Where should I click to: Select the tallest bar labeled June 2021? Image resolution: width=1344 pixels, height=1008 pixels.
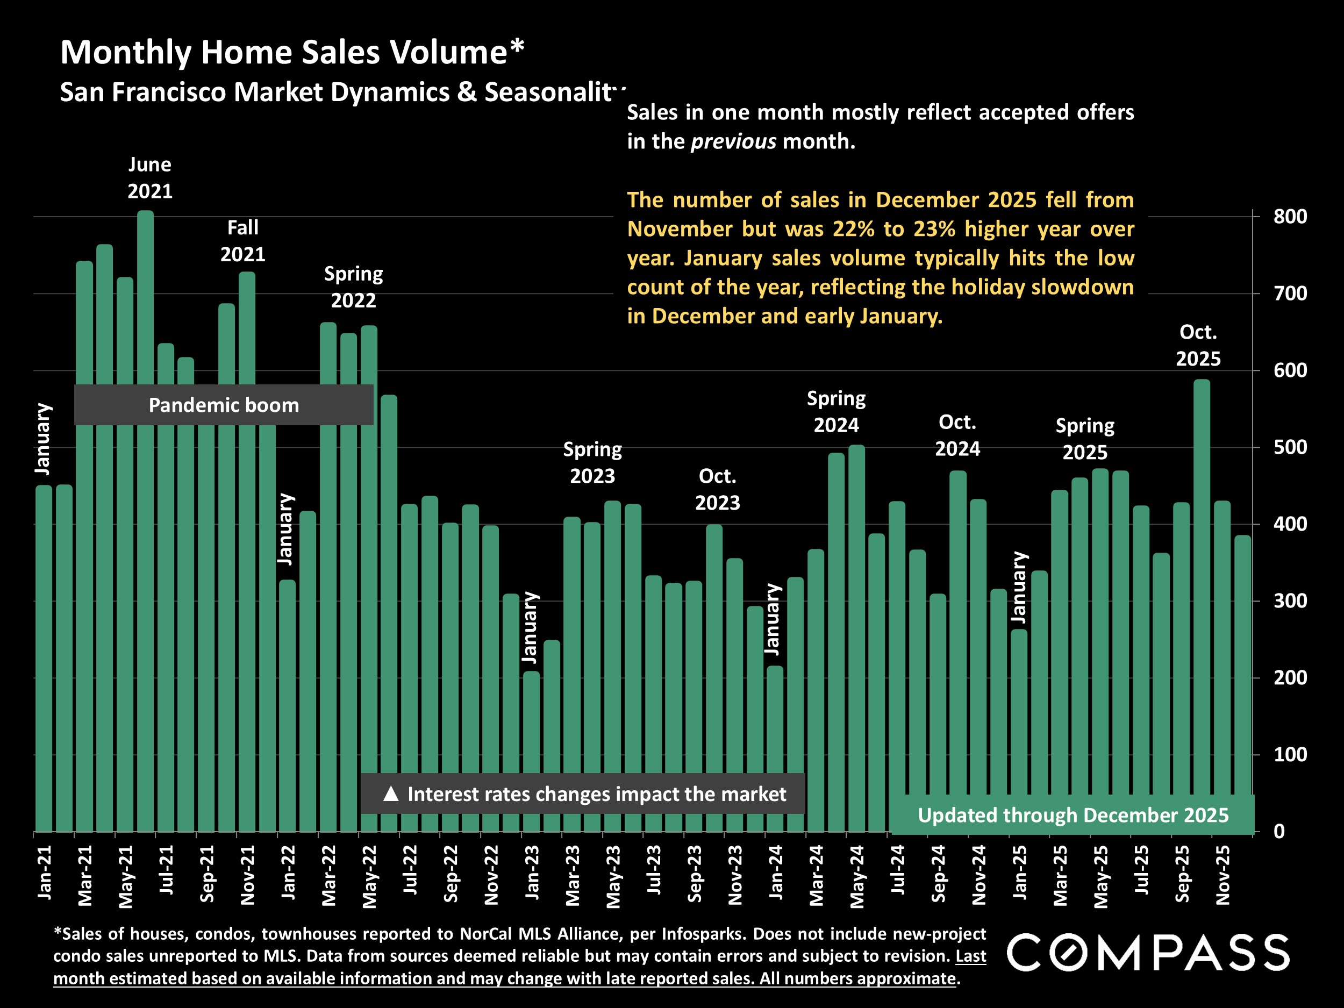pos(145,486)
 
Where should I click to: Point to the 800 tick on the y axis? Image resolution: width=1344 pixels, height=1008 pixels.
pos(1290,217)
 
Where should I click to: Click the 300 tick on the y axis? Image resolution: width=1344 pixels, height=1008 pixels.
pos(1290,601)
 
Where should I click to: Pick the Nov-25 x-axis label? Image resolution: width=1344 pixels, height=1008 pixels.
pos(1223,875)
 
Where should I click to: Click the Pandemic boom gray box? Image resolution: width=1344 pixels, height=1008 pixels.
pos(224,405)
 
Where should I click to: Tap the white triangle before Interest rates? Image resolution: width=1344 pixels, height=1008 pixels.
pos(391,793)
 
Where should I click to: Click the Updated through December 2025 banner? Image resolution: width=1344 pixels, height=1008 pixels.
pos(1073,815)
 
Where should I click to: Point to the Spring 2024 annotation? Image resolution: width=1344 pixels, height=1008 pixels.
pos(836,411)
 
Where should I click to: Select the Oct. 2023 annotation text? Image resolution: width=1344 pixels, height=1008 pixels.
pos(717,489)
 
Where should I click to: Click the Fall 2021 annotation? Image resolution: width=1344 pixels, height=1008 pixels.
pos(242,241)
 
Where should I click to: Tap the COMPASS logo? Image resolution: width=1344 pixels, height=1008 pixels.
pos(1148,952)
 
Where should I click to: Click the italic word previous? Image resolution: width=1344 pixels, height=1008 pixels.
pos(733,141)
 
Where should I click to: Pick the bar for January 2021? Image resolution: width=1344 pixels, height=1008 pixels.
pos(44,656)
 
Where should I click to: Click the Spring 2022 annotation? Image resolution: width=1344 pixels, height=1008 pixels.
pos(353,287)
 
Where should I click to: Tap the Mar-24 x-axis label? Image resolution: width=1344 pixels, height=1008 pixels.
pos(816,875)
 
